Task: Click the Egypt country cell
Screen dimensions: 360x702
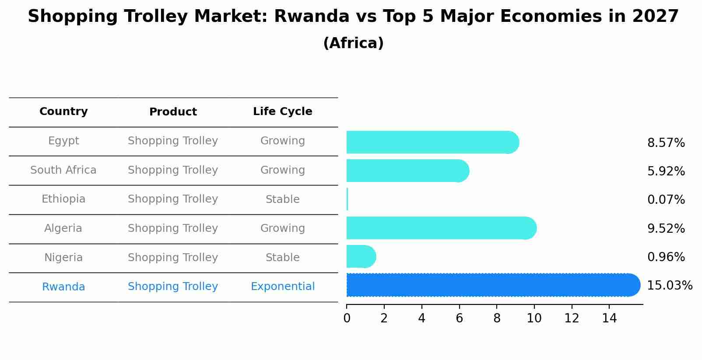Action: click(x=63, y=141)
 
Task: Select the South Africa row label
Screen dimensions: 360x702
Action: click(x=63, y=170)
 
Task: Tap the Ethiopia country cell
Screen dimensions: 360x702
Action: click(x=63, y=199)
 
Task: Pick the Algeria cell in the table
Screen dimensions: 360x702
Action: click(x=63, y=228)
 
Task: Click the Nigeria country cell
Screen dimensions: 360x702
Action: click(x=63, y=258)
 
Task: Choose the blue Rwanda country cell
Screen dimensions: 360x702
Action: click(x=63, y=287)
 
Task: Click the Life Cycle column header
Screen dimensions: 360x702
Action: click(x=282, y=112)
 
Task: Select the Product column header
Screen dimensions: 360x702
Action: click(x=173, y=112)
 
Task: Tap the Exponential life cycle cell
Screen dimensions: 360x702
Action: click(x=282, y=287)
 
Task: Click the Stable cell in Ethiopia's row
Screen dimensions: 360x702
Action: click(x=282, y=199)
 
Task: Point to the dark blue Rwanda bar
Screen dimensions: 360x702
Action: click(x=490, y=285)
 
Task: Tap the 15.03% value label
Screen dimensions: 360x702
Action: click(x=669, y=286)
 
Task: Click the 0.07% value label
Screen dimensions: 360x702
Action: click(x=666, y=200)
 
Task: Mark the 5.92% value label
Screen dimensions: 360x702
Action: click(x=666, y=171)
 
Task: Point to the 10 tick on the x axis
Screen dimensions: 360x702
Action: click(x=534, y=318)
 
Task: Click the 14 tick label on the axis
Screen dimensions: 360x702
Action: click(x=609, y=318)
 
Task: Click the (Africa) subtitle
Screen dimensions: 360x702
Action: click(x=353, y=43)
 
